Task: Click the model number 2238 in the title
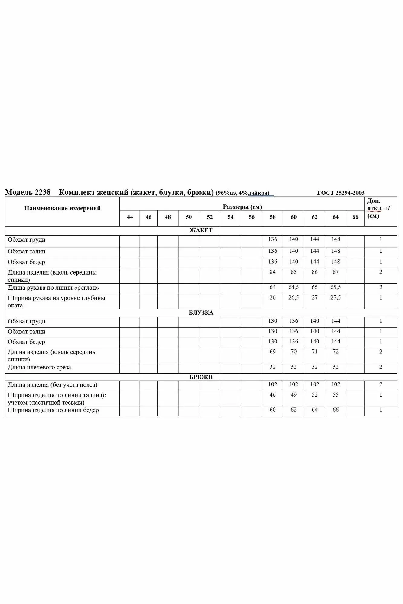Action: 43,192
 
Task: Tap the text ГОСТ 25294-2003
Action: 341,193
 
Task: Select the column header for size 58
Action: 272,217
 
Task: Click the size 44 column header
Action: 130,217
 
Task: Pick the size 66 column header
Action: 355,217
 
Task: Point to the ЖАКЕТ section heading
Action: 201,230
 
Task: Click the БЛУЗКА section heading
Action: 201,313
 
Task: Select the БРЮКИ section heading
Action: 201,377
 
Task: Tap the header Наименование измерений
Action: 62,208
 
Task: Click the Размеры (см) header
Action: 242,207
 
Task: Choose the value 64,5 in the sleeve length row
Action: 294,287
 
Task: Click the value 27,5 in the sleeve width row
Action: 336,297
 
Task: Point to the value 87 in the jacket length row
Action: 336,272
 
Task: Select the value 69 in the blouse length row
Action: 272,352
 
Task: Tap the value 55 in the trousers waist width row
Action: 336,395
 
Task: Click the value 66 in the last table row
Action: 336,410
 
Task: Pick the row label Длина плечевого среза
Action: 39,368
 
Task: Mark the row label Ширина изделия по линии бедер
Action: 53,410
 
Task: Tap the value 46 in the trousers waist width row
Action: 272,395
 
